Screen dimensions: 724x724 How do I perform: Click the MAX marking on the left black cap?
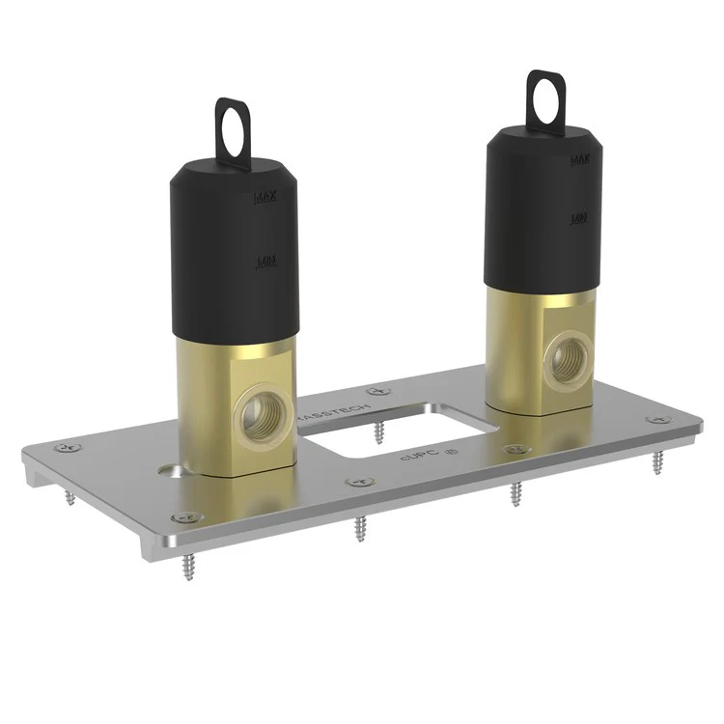pos(265,197)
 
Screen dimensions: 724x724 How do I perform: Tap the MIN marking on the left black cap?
pos(265,262)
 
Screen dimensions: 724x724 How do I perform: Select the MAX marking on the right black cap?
pos(579,159)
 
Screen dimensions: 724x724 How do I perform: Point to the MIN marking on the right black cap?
pos(579,219)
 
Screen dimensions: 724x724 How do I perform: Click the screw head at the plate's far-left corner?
pos(65,448)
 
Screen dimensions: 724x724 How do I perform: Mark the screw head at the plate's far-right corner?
pos(658,420)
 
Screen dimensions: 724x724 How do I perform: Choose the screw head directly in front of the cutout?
pos(360,481)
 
